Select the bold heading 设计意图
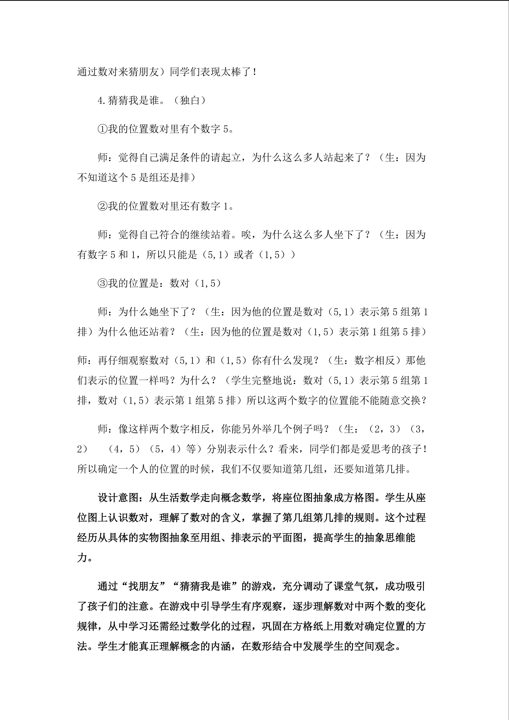click(x=118, y=498)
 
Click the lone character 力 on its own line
click(x=82, y=558)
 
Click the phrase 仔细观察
click(x=134, y=361)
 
